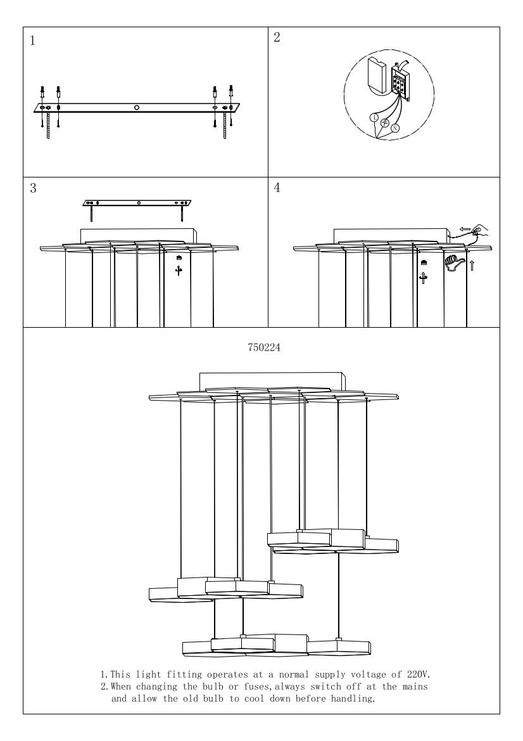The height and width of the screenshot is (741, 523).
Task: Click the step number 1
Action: tap(32, 41)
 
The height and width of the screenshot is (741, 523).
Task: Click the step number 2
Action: tap(277, 37)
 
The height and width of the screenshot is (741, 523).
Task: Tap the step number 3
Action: tap(33, 188)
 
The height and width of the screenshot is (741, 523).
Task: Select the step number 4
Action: tap(277, 188)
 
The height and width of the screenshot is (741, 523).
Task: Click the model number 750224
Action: tap(264, 347)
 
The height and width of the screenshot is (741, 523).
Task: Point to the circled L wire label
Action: tap(374, 118)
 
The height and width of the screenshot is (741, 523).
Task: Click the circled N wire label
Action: tap(395, 128)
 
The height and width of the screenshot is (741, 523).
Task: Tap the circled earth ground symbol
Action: tap(385, 123)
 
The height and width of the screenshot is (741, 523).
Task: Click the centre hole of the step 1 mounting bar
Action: tap(136, 108)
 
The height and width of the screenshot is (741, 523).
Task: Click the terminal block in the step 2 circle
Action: tap(400, 83)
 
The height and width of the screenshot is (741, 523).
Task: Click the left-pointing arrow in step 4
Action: tap(465, 229)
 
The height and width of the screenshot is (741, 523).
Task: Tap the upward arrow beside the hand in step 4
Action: tap(472, 265)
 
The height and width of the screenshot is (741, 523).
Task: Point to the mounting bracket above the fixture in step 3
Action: tap(138, 203)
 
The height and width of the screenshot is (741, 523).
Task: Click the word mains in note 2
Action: tap(415, 686)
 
